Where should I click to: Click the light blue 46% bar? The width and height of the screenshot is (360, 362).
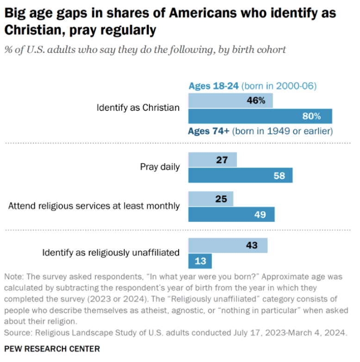click(230, 100)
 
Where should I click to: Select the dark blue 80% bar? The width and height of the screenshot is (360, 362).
click(260, 116)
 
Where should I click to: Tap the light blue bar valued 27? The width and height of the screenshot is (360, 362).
click(212, 160)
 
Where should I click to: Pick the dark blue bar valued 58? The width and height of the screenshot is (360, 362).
click(240, 175)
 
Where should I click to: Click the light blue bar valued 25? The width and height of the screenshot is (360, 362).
click(211, 199)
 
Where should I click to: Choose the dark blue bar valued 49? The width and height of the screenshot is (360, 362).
click(231, 215)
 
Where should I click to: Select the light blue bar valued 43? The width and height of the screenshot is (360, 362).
click(228, 245)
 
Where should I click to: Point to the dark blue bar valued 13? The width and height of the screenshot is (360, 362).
click(200, 261)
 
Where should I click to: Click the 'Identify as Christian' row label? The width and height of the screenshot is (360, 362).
click(137, 108)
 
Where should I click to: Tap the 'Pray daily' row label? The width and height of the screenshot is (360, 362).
click(160, 167)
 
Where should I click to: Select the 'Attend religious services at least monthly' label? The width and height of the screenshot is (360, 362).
click(94, 206)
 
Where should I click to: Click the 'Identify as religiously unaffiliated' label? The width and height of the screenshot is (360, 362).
click(111, 253)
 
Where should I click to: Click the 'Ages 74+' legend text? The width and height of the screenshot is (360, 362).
click(208, 131)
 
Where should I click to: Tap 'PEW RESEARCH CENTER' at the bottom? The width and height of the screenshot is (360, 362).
click(52, 348)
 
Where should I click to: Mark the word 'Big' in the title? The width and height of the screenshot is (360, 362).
click(15, 13)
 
